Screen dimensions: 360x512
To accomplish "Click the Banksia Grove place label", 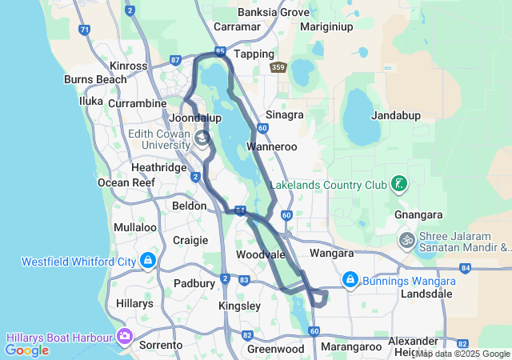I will tap(274, 12).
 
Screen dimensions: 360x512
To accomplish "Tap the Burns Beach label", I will tap(95, 79).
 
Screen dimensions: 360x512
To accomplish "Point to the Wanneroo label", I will tap(272, 146).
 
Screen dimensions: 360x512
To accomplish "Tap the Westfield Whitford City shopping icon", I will tap(147, 261).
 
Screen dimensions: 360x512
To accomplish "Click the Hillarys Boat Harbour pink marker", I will tap(124, 335).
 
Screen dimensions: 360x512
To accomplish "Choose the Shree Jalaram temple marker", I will tap(406, 240).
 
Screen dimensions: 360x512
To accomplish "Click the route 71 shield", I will tap(85, 30).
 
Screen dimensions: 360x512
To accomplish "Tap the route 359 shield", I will tap(278, 68).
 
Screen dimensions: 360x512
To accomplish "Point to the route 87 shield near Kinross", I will tap(175, 60).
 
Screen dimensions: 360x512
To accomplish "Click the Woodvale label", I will tap(261, 254).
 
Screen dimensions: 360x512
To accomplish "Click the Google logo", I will tap(26, 350).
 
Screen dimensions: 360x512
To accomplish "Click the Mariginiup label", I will tap(326, 26).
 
